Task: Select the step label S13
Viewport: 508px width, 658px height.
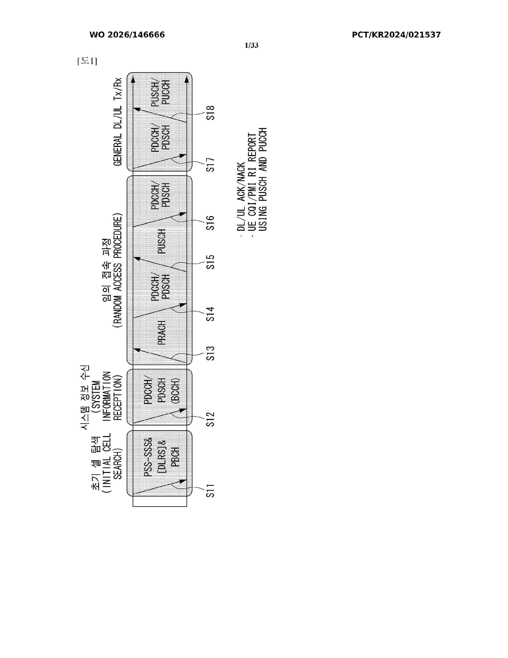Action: click(x=210, y=353)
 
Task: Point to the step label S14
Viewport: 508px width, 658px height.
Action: click(x=210, y=314)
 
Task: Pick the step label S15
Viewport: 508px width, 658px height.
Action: click(x=210, y=262)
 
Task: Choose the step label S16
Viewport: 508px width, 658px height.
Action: click(x=210, y=223)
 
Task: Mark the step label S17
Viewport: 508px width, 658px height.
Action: click(x=210, y=164)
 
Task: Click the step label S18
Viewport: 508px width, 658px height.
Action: click(x=210, y=113)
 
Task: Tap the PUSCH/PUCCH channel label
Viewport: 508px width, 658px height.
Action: click(x=160, y=92)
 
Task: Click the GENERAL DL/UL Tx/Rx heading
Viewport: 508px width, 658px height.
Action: click(x=118, y=122)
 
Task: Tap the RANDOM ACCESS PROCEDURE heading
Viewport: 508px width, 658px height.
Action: click(x=118, y=270)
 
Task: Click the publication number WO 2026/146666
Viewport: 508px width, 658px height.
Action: click(x=127, y=35)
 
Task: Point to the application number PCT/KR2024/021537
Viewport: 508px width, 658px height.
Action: click(x=396, y=35)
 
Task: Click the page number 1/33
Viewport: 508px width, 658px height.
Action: click(x=252, y=45)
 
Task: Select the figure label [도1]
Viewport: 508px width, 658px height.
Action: click(x=87, y=61)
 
